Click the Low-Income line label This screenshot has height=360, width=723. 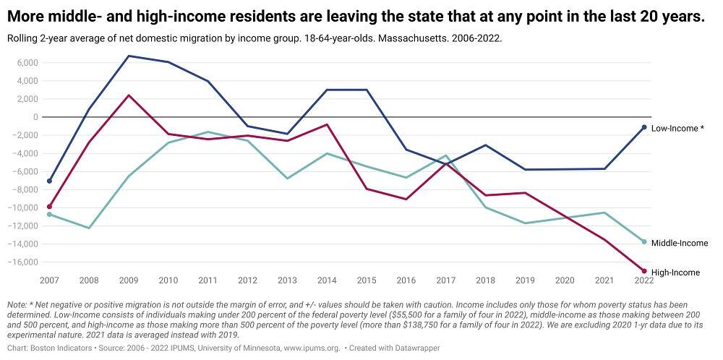pos(677,128)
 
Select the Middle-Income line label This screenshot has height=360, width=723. pos(679,243)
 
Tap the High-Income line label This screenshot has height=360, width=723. pos(675,273)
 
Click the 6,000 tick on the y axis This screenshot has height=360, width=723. pos(26,63)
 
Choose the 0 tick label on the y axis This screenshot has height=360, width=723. pos(35,117)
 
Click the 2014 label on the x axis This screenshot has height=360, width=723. pos(327,280)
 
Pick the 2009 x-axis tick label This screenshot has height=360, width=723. pos(128,280)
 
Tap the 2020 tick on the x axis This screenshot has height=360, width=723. pos(565,280)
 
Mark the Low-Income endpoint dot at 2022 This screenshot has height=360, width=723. pos(643,127)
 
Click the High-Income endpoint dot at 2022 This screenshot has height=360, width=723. pos(643,271)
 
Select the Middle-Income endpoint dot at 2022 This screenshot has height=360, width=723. pos(643,241)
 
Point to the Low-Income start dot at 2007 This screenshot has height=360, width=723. pos(49,181)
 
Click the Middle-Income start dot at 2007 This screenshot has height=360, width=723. pos(49,214)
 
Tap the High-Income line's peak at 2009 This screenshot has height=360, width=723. pos(128,95)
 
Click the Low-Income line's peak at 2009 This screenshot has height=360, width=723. pos(128,56)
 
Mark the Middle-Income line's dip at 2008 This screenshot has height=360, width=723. pos(89,228)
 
